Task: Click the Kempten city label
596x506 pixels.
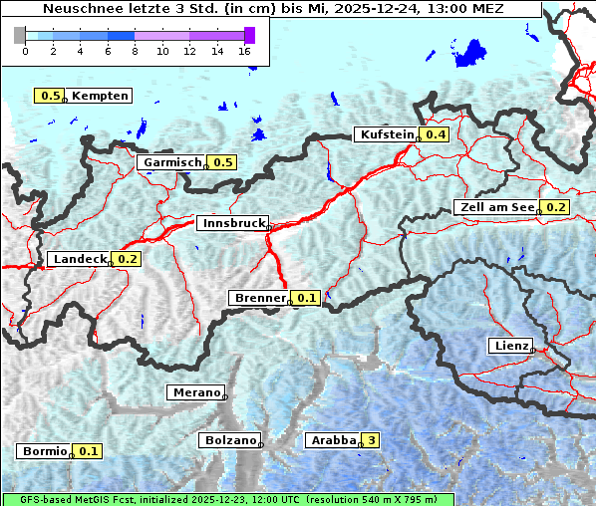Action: [100, 96]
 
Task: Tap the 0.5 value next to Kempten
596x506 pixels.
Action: [50, 96]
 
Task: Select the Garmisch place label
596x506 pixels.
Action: [171, 162]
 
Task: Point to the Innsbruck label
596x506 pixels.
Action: [231, 223]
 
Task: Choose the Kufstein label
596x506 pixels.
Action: [385, 134]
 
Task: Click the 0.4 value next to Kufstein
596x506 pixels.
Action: [436, 134]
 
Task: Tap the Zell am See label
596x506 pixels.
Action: [495, 207]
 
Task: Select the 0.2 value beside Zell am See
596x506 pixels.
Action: [555, 207]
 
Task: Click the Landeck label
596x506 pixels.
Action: [79, 259]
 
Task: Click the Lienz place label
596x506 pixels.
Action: [509, 346]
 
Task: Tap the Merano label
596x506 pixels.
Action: [195, 392]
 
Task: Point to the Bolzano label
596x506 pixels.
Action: [229, 439]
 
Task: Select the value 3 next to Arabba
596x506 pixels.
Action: [372, 439]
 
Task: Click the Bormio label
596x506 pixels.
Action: [44, 451]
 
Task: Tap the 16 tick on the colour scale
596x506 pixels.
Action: [245, 51]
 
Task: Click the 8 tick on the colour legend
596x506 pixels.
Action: [135, 51]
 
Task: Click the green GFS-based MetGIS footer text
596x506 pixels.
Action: [227, 499]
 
